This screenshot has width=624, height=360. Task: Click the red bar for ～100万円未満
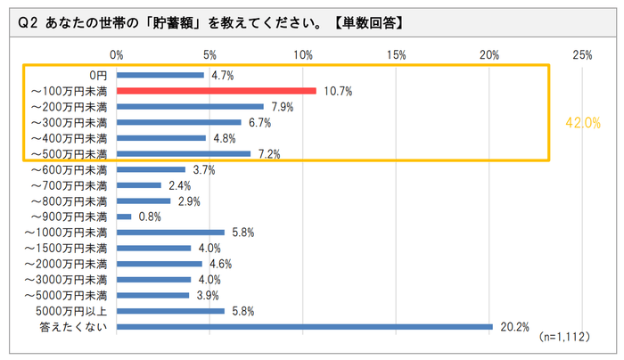coord(217,91)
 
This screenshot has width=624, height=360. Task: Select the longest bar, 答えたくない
coord(304,326)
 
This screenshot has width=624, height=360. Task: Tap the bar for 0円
coord(160,76)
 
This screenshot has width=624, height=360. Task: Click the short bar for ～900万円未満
coord(124,217)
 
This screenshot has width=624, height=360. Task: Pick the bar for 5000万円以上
coord(170,311)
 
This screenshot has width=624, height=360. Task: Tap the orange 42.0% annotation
coord(583,123)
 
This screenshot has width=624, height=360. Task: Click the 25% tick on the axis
coord(582,55)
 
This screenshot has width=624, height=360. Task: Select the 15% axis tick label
coord(396,55)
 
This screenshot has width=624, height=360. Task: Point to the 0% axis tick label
coord(117,55)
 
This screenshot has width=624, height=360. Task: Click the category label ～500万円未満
coord(70,154)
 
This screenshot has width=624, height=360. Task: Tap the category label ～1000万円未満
coord(67,233)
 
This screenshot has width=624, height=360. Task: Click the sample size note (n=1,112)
coord(565,340)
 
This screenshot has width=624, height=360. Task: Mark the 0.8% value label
coord(148,217)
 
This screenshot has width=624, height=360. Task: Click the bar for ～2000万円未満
coord(160,264)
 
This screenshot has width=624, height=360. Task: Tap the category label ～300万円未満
coord(70,123)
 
